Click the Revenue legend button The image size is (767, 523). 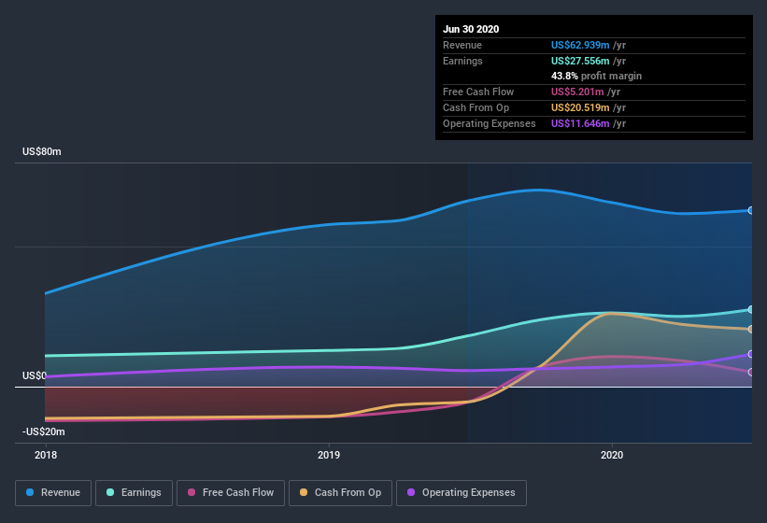[53, 492]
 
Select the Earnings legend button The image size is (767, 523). [134, 492]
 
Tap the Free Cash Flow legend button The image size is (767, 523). [230, 492]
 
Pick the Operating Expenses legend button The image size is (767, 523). [461, 492]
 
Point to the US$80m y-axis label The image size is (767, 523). [42, 151]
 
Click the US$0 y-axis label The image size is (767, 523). [34, 376]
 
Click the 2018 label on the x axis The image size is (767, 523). [45, 455]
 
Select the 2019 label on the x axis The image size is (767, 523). [329, 455]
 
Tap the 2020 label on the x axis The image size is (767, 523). [612, 455]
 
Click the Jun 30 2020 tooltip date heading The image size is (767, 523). [471, 29]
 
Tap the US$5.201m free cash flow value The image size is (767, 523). [575, 92]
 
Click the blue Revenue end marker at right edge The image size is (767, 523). [751, 210]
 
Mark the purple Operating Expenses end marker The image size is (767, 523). [751, 354]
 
